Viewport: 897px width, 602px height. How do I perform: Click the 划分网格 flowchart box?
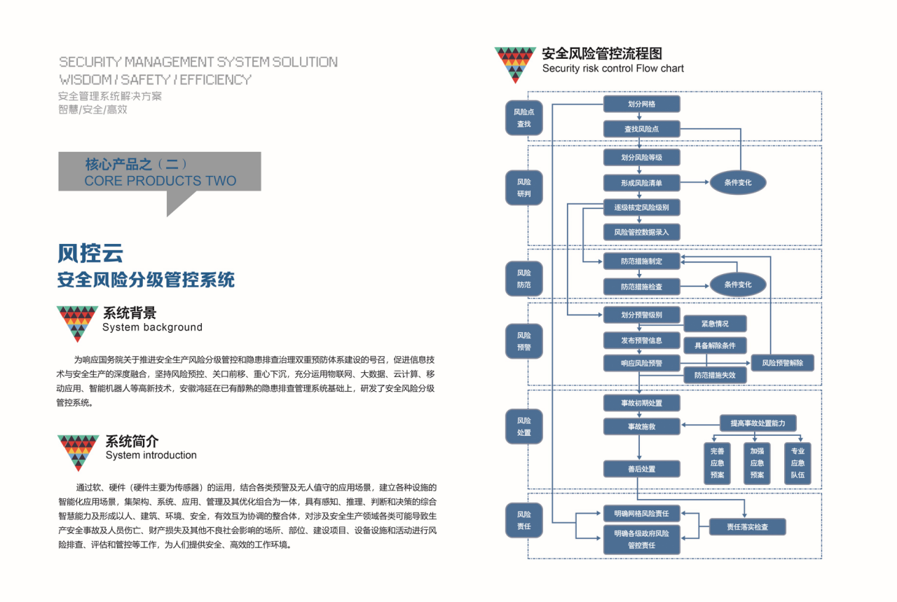point(641,104)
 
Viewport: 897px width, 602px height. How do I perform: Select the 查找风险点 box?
point(641,129)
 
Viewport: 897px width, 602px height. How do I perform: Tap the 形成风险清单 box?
point(641,183)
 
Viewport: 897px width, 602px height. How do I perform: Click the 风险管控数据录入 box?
point(641,232)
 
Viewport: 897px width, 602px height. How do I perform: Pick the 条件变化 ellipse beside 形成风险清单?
point(738,183)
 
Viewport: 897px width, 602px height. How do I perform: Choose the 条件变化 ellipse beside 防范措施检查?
point(738,285)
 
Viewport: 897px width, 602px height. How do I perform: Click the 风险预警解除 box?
point(783,363)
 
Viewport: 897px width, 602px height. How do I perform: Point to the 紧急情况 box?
point(715,324)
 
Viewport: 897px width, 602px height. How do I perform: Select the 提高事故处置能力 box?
point(758,423)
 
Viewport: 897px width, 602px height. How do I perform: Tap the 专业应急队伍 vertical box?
point(797,463)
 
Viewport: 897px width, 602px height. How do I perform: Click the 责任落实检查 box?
point(747,527)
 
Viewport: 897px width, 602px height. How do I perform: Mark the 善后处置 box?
point(641,469)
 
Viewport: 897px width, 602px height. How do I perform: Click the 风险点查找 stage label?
point(523,118)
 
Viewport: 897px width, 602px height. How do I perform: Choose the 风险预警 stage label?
point(523,341)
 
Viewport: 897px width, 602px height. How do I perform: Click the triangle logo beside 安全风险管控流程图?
point(515,64)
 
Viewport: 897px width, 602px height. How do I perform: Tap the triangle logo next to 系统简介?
point(78,453)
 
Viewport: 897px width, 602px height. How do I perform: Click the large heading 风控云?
point(90,253)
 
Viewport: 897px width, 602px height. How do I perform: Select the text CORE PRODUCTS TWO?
point(160,181)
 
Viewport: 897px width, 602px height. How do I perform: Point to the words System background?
point(152,327)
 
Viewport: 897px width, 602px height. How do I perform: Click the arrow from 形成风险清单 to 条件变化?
point(694,183)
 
